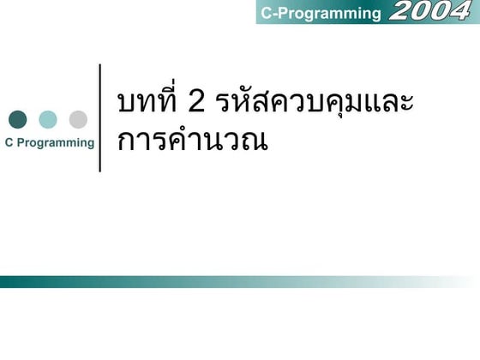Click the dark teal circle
tap(17, 119)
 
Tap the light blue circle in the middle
tap(48, 119)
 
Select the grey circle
tap(78, 119)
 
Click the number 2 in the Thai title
tap(195, 102)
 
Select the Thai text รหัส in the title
tap(244, 102)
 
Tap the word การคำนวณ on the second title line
tap(193, 140)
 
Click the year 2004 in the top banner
tap(430, 11)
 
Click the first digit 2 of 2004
tap(401, 11)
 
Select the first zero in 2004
tap(421, 11)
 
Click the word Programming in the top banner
tap(329, 13)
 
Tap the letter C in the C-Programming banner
tap(266, 13)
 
